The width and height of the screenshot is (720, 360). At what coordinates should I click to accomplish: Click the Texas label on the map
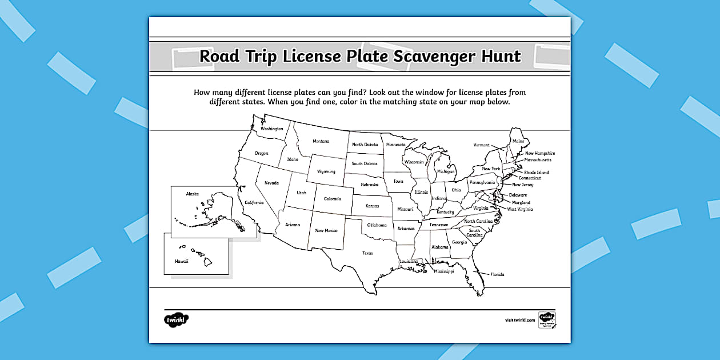(367, 253)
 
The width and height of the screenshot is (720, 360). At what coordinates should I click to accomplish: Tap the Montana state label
(321, 141)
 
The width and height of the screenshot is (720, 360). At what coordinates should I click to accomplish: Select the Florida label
(497, 274)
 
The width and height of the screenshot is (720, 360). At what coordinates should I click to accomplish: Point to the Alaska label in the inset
(192, 194)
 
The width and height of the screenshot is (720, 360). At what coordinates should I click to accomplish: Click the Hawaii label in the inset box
(181, 261)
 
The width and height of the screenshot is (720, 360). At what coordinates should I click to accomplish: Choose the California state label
(254, 202)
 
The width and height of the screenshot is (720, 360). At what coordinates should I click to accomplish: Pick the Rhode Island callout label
(536, 172)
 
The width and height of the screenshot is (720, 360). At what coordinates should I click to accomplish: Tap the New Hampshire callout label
(540, 153)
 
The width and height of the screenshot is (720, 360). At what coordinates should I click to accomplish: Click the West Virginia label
(520, 209)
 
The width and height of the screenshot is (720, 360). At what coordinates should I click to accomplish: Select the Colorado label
(332, 198)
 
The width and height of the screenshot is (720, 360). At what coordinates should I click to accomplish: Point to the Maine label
(518, 141)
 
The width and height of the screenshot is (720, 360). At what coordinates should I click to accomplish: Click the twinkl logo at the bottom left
(176, 319)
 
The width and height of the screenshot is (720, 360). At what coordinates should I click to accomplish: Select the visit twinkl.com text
(519, 320)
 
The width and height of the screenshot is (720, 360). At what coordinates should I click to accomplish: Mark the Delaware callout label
(518, 195)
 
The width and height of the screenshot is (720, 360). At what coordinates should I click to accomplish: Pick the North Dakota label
(365, 145)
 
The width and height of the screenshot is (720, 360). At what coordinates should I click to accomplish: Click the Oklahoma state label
(377, 225)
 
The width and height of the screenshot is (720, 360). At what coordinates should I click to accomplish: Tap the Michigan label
(446, 171)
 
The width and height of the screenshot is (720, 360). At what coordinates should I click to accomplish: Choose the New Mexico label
(326, 230)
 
